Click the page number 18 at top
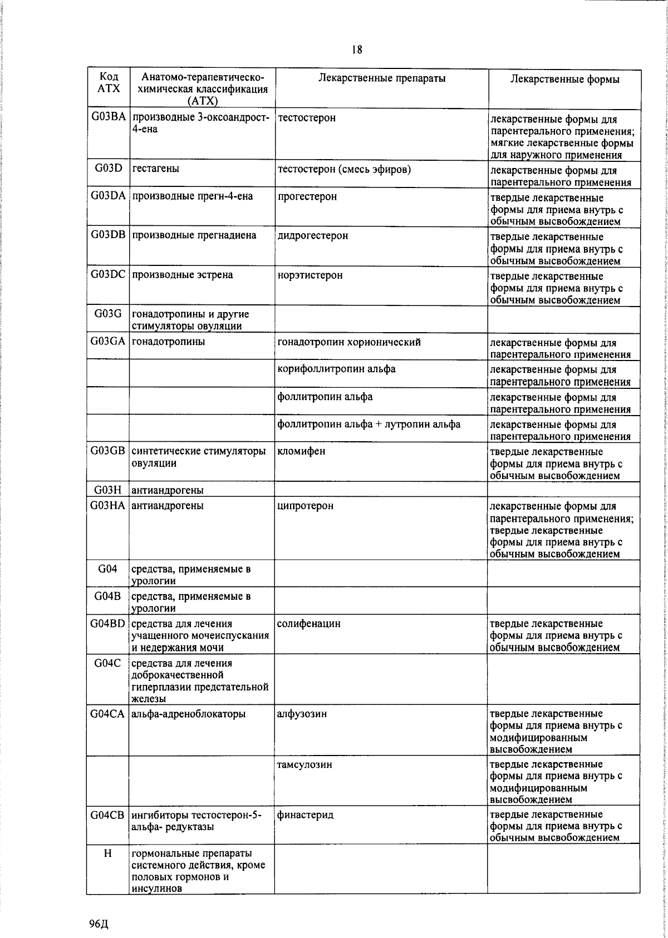coord(357,50)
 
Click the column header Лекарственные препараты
coord(382,78)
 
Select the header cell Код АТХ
coord(109,83)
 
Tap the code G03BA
coord(109,117)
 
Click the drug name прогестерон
coord(307,197)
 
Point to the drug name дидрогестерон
coord(313,236)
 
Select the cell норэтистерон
coord(310,275)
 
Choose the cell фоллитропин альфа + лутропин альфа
coord(369,424)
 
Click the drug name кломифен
coord(301,451)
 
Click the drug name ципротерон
coord(306,506)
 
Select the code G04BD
coord(109,624)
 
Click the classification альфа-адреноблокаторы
coord(188,714)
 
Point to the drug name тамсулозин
coord(304,764)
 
